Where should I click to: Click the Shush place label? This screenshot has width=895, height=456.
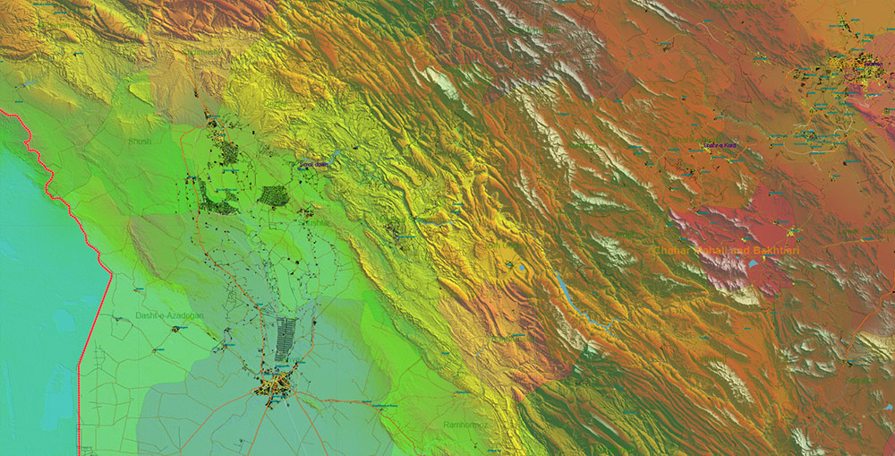click(x=140, y=141)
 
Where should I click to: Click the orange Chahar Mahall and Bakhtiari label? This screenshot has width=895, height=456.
click(x=726, y=251)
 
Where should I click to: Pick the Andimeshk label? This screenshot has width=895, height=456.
click(x=202, y=53)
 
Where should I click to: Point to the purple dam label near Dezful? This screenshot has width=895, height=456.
click(x=315, y=164)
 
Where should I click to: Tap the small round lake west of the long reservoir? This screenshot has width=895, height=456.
click(x=522, y=266)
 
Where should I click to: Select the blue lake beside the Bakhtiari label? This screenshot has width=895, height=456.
click(x=754, y=264)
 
